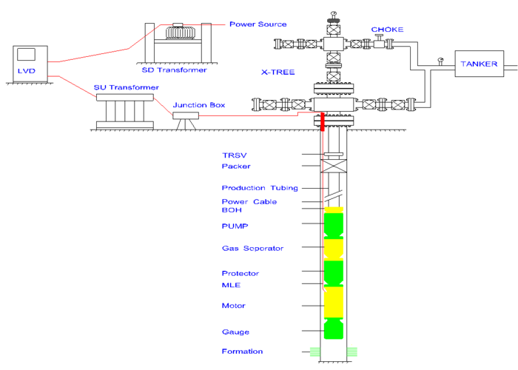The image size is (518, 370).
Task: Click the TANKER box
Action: (x=479, y=64)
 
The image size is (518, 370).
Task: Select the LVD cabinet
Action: (x=30, y=64)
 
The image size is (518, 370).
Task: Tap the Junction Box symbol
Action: (x=186, y=115)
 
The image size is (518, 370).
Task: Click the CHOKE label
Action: (x=387, y=30)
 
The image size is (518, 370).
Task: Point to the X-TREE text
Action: (x=277, y=72)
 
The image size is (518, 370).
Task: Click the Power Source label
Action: (x=258, y=24)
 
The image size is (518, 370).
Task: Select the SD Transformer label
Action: (x=174, y=70)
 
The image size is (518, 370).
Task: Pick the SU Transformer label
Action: (x=127, y=87)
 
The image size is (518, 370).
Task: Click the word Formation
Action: (x=242, y=351)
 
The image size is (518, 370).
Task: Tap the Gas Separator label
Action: (x=253, y=248)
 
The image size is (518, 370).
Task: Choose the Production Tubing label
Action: (x=260, y=188)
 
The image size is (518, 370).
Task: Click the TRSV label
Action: (x=235, y=155)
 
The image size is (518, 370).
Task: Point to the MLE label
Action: (x=231, y=285)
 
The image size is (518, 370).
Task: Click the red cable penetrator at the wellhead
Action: (x=323, y=121)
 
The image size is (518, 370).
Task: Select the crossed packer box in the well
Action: (x=334, y=166)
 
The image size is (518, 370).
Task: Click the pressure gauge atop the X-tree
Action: (x=333, y=14)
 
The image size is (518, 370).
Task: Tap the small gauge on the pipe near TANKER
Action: (x=440, y=61)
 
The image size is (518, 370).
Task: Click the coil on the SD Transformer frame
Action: (x=180, y=33)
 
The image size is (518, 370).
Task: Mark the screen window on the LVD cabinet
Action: (x=26, y=55)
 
